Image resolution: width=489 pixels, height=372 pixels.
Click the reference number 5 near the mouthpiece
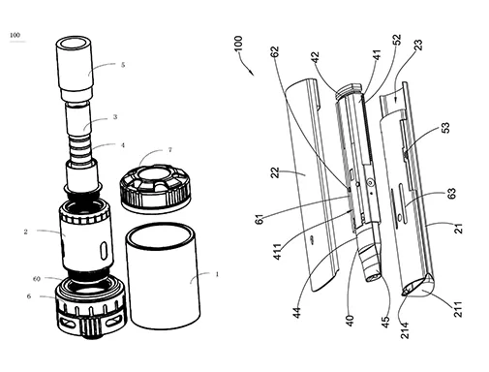[123, 65]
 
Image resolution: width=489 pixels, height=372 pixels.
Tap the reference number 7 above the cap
[170, 150]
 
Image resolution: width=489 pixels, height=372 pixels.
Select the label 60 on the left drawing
[37, 279]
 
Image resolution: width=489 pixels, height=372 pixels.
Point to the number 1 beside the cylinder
[217, 274]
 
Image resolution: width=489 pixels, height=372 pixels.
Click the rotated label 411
[277, 252]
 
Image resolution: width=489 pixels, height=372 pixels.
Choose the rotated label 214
[405, 330]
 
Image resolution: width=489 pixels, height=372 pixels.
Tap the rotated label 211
[458, 309]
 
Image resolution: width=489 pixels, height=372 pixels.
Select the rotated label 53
[445, 128]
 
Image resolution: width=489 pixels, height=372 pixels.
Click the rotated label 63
[452, 194]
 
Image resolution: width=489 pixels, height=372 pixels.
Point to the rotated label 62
[275, 52]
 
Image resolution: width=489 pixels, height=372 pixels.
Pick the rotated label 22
[275, 172]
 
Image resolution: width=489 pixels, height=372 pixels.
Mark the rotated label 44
[296, 313]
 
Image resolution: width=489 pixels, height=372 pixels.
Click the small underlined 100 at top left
[15, 35]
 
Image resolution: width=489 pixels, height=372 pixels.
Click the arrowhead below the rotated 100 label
[252, 73]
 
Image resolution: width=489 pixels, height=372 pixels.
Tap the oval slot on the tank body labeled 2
[104, 250]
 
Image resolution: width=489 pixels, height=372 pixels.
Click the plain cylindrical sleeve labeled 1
[163, 277]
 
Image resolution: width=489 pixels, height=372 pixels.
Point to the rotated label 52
[397, 40]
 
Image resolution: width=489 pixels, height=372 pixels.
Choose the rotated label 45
[385, 322]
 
